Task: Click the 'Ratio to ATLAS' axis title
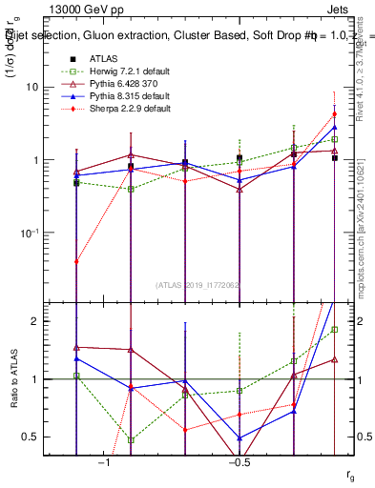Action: point(12,379)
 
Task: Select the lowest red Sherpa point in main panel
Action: point(76,261)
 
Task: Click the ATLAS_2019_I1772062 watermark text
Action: point(198,284)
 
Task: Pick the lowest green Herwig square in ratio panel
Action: point(131,440)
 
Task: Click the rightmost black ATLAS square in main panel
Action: point(335,158)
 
